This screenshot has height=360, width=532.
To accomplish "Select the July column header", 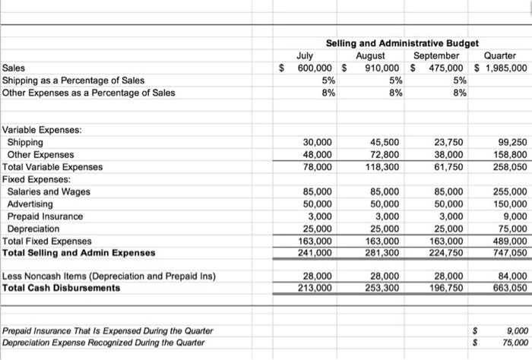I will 304,55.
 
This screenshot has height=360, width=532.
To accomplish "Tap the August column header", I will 373,55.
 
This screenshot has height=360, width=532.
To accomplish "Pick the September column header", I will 436,55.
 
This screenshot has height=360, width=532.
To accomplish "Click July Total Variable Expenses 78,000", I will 317,166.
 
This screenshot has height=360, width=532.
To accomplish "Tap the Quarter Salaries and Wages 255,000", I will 509,191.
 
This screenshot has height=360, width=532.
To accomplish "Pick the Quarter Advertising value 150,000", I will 509,204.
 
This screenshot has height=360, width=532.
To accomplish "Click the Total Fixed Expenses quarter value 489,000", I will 509,241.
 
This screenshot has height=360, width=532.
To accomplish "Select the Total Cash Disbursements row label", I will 62,289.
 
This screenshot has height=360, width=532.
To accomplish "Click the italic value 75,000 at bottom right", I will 511,343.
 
